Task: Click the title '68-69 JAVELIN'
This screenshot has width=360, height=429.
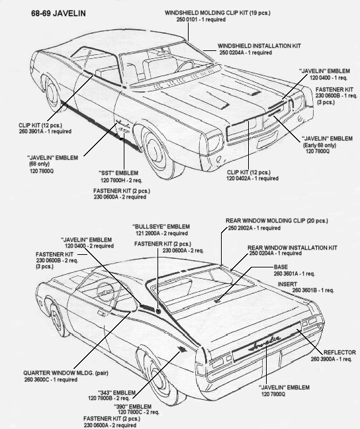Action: pos(58,13)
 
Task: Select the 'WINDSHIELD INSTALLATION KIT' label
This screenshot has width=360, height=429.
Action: pos(259,46)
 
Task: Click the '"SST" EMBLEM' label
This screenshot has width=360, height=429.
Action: pos(118,173)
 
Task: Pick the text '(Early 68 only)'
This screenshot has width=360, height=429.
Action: pos(319,145)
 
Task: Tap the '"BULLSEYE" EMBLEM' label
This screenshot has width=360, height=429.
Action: pos(161,227)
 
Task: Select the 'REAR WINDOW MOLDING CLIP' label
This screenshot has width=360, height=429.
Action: pos(265,220)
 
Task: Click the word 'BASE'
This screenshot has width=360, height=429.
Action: pos(281,267)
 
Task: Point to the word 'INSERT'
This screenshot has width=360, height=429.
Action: pos(287,284)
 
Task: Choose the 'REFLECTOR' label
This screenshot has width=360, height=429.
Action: pos(339,352)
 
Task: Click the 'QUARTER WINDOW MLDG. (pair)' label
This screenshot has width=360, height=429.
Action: pos(66,373)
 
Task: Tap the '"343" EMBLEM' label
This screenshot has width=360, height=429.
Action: pos(117,393)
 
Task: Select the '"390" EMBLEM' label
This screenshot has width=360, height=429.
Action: pos(132,406)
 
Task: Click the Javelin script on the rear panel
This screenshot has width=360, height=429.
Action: pos(265,342)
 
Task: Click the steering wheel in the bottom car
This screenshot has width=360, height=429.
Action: pos(106,291)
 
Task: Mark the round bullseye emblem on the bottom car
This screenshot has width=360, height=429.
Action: pos(158,310)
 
